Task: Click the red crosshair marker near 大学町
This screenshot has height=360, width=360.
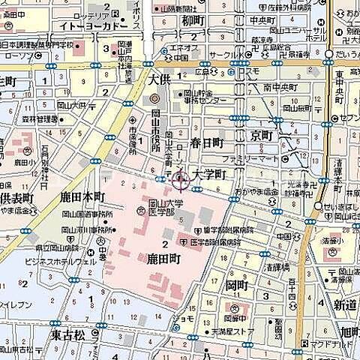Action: click(x=180, y=180)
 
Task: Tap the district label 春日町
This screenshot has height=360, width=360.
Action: click(x=206, y=142)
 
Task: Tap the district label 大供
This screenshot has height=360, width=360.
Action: click(x=160, y=79)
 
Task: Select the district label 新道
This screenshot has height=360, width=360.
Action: click(x=345, y=304)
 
